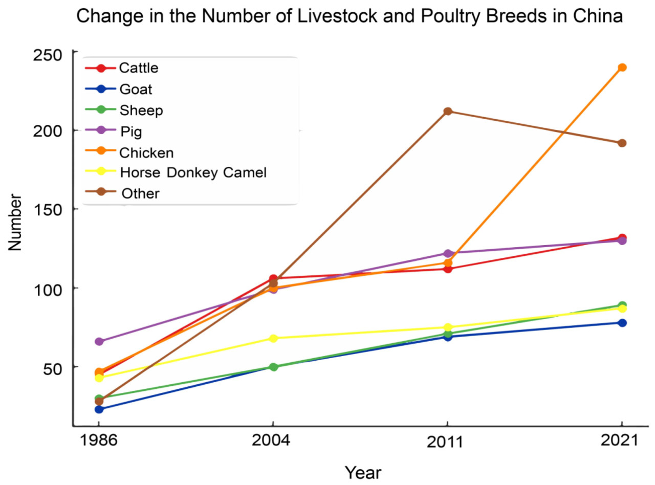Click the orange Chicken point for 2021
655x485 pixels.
coord(622,68)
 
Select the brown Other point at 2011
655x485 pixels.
coord(447,112)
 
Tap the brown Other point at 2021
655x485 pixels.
coord(622,143)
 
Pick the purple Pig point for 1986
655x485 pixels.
coord(99,341)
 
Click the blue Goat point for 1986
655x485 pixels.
coord(99,409)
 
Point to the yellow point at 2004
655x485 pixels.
coord(273,338)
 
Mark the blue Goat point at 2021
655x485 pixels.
coord(622,323)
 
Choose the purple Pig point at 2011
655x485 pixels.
coord(447,253)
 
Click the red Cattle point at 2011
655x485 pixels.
coord(447,269)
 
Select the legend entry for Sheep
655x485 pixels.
coord(135,110)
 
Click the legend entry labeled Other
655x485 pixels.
coord(141,193)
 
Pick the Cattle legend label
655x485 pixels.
coord(138,68)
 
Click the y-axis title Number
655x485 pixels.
coord(16,222)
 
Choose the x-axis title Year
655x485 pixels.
coord(362,473)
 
